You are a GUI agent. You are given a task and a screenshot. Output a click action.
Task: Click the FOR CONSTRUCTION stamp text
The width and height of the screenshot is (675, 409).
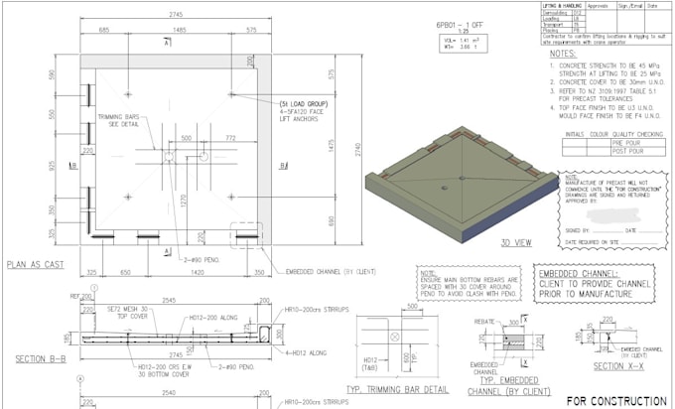pos(616,401)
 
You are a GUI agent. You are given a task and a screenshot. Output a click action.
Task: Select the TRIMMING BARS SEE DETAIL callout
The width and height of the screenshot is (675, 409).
pos(116,122)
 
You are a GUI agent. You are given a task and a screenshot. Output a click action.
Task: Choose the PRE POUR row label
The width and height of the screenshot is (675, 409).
pos(623,143)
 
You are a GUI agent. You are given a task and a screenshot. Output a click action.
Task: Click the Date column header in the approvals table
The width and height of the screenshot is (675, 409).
pos(653,5)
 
